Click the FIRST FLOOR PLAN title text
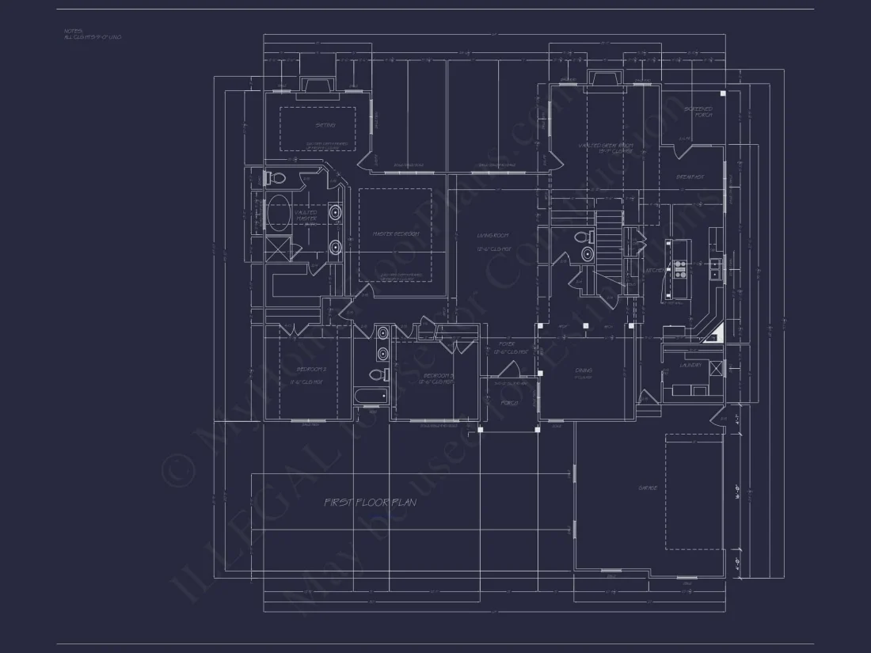click(x=370, y=502)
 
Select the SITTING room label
click(x=325, y=125)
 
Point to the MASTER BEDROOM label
click(x=396, y=234)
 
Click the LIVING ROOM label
click(x=493, y=236)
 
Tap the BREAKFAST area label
click(x=690, y=177)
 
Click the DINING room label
click(x=584, y=370)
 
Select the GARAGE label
click(x=648, y=488)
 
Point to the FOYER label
click(x=507, y=344)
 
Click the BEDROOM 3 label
click(x=439, y=376)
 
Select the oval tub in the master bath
click(x=276, y=214)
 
